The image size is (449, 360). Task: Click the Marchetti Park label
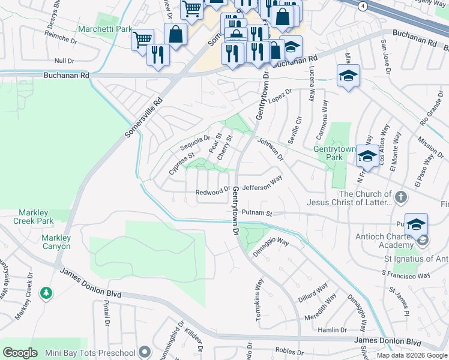pos(105,28)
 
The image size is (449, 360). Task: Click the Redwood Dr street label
pos(213,192)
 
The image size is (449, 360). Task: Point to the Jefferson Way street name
pos(262,183)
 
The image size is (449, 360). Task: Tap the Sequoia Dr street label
pos(196,142)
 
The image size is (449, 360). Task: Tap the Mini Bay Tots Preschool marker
pos(144,352)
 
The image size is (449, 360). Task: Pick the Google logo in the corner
pos(20,353)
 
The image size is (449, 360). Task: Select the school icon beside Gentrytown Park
pos(366,156)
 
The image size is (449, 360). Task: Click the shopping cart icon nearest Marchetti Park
pos(142,40)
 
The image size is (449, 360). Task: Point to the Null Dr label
pos(64,61)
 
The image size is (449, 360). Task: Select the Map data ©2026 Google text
pos(411,355)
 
